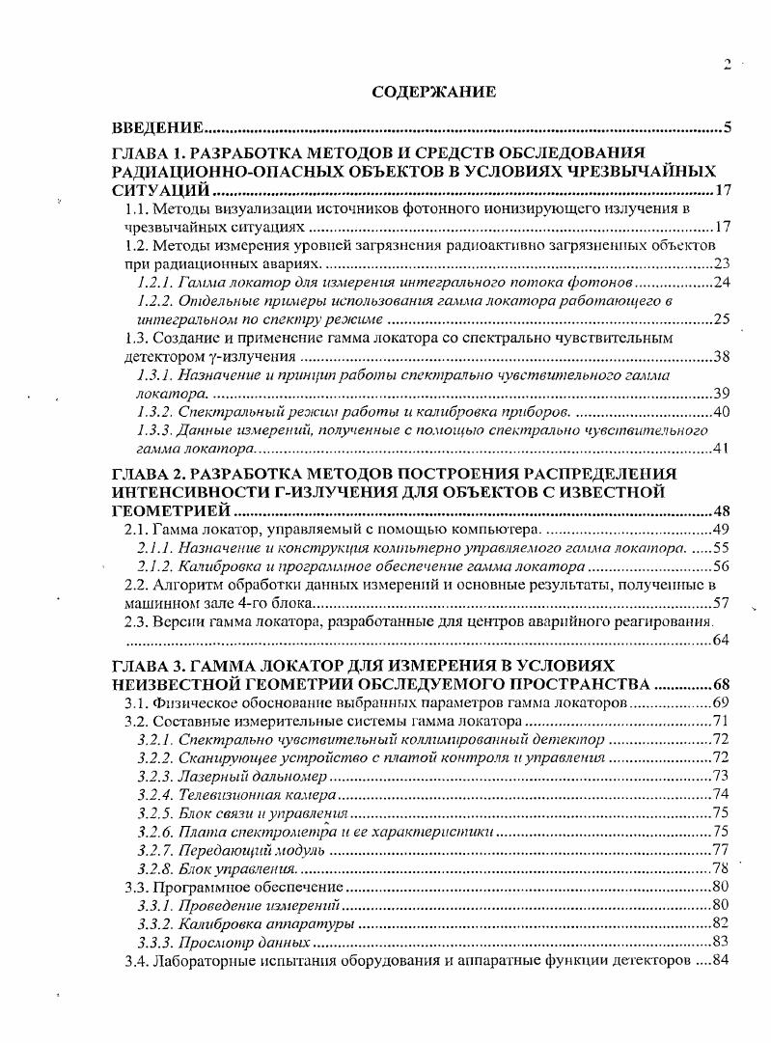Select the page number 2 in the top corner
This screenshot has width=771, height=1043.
(x=728, y=65)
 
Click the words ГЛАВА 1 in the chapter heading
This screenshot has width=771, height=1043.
(x=149, y=152)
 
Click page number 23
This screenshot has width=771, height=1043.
(x=721, y=264)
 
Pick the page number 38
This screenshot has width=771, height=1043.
(x=721, y=357)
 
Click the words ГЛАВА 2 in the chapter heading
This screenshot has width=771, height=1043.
(x=149, y=474)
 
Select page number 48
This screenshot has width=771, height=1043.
(x=721, y=511)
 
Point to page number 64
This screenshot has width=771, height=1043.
(x=721, y=644)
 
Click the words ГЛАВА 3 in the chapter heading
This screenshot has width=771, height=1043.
(x=149, y=667)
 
